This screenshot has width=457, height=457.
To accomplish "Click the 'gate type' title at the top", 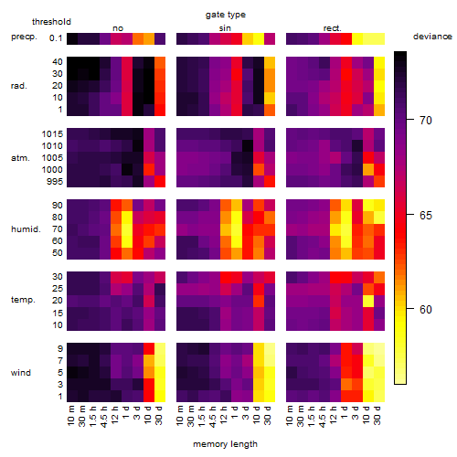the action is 226,15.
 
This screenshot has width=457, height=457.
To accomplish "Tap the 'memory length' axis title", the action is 225,444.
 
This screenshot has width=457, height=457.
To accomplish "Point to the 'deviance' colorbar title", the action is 432,37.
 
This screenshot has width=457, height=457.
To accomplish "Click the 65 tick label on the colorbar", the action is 426,216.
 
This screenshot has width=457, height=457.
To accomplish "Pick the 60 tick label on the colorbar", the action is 426,310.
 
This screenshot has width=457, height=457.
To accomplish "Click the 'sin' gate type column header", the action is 225,28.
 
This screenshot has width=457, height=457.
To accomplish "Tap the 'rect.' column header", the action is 332,28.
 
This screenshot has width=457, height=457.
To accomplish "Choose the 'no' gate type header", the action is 118,28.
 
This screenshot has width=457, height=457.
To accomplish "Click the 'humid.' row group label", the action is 26,228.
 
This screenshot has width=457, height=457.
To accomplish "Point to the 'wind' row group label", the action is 21,373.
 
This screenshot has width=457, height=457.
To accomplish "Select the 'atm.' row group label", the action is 20,158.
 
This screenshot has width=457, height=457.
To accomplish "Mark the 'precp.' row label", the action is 24,37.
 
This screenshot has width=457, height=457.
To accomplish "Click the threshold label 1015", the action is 52,133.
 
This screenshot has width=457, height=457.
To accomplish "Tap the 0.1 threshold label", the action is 56,38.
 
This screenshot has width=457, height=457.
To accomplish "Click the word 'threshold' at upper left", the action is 51,22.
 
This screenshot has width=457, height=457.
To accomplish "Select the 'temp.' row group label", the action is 23,300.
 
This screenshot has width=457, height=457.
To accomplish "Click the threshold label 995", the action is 55,182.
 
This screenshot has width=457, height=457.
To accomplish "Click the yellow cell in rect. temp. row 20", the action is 368,301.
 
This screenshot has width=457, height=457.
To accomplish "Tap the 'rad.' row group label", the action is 19,86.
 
